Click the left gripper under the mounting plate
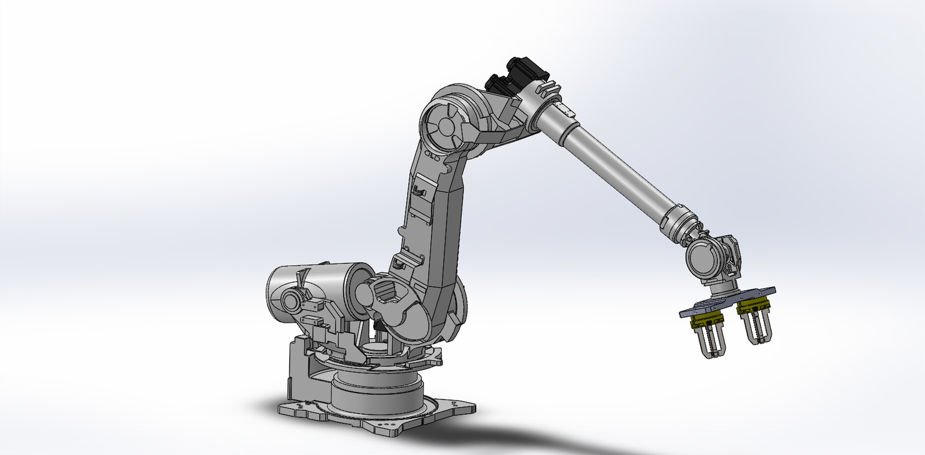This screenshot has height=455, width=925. [709, 340]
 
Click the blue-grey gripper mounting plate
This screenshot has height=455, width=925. [728, 301]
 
